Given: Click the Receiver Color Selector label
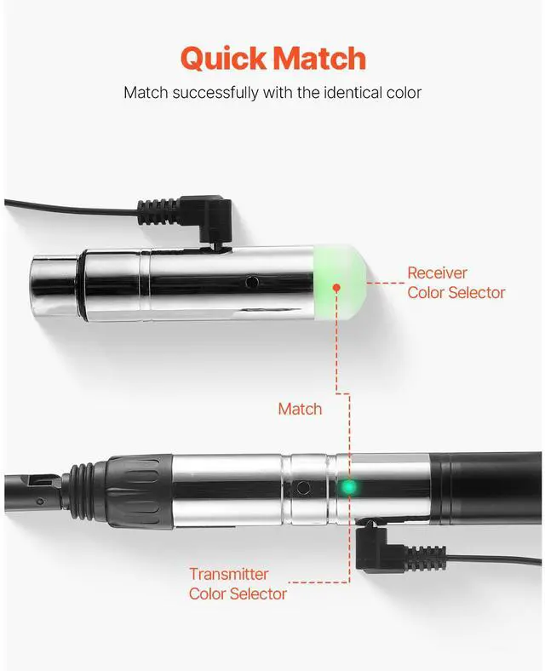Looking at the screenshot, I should coord(456,283).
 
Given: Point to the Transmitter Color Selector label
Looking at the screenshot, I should coord(238,583).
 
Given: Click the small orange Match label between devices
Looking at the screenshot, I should coord(300,409).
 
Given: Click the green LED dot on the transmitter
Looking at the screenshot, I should coord(347,488).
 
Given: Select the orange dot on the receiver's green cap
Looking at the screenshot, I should coord(336,288).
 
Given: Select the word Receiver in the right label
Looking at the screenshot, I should coord(437,272).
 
